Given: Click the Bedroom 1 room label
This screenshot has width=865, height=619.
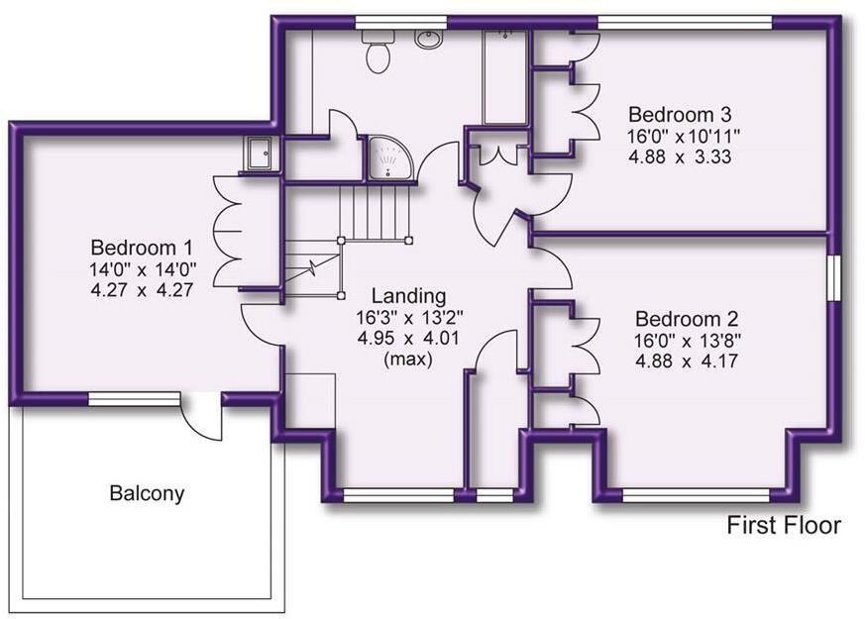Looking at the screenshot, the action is tap(142, 247).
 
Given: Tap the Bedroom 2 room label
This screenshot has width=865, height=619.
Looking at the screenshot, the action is tap(687, 319).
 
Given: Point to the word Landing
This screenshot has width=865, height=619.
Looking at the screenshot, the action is tap(408, 295).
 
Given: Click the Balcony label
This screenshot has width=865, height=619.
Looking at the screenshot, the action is tap(147, 493).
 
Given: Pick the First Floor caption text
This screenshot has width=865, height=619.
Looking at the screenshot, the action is tap(784, 525).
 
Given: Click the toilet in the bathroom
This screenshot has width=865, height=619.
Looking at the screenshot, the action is tap(377, 52).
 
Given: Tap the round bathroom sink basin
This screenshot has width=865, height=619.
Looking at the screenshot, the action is tap(428, 40).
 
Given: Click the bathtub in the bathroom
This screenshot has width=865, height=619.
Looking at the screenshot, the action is tap(504, 77).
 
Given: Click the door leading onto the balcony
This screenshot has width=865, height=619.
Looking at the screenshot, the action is tap(204, 416).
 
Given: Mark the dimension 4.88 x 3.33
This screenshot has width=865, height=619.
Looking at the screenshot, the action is tap(679, 156).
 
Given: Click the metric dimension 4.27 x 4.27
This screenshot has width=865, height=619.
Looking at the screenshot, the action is tap(142, 290).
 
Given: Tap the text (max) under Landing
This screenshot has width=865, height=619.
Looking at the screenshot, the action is tap(408, 360).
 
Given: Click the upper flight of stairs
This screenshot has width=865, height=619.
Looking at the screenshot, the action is tap(375, 210).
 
